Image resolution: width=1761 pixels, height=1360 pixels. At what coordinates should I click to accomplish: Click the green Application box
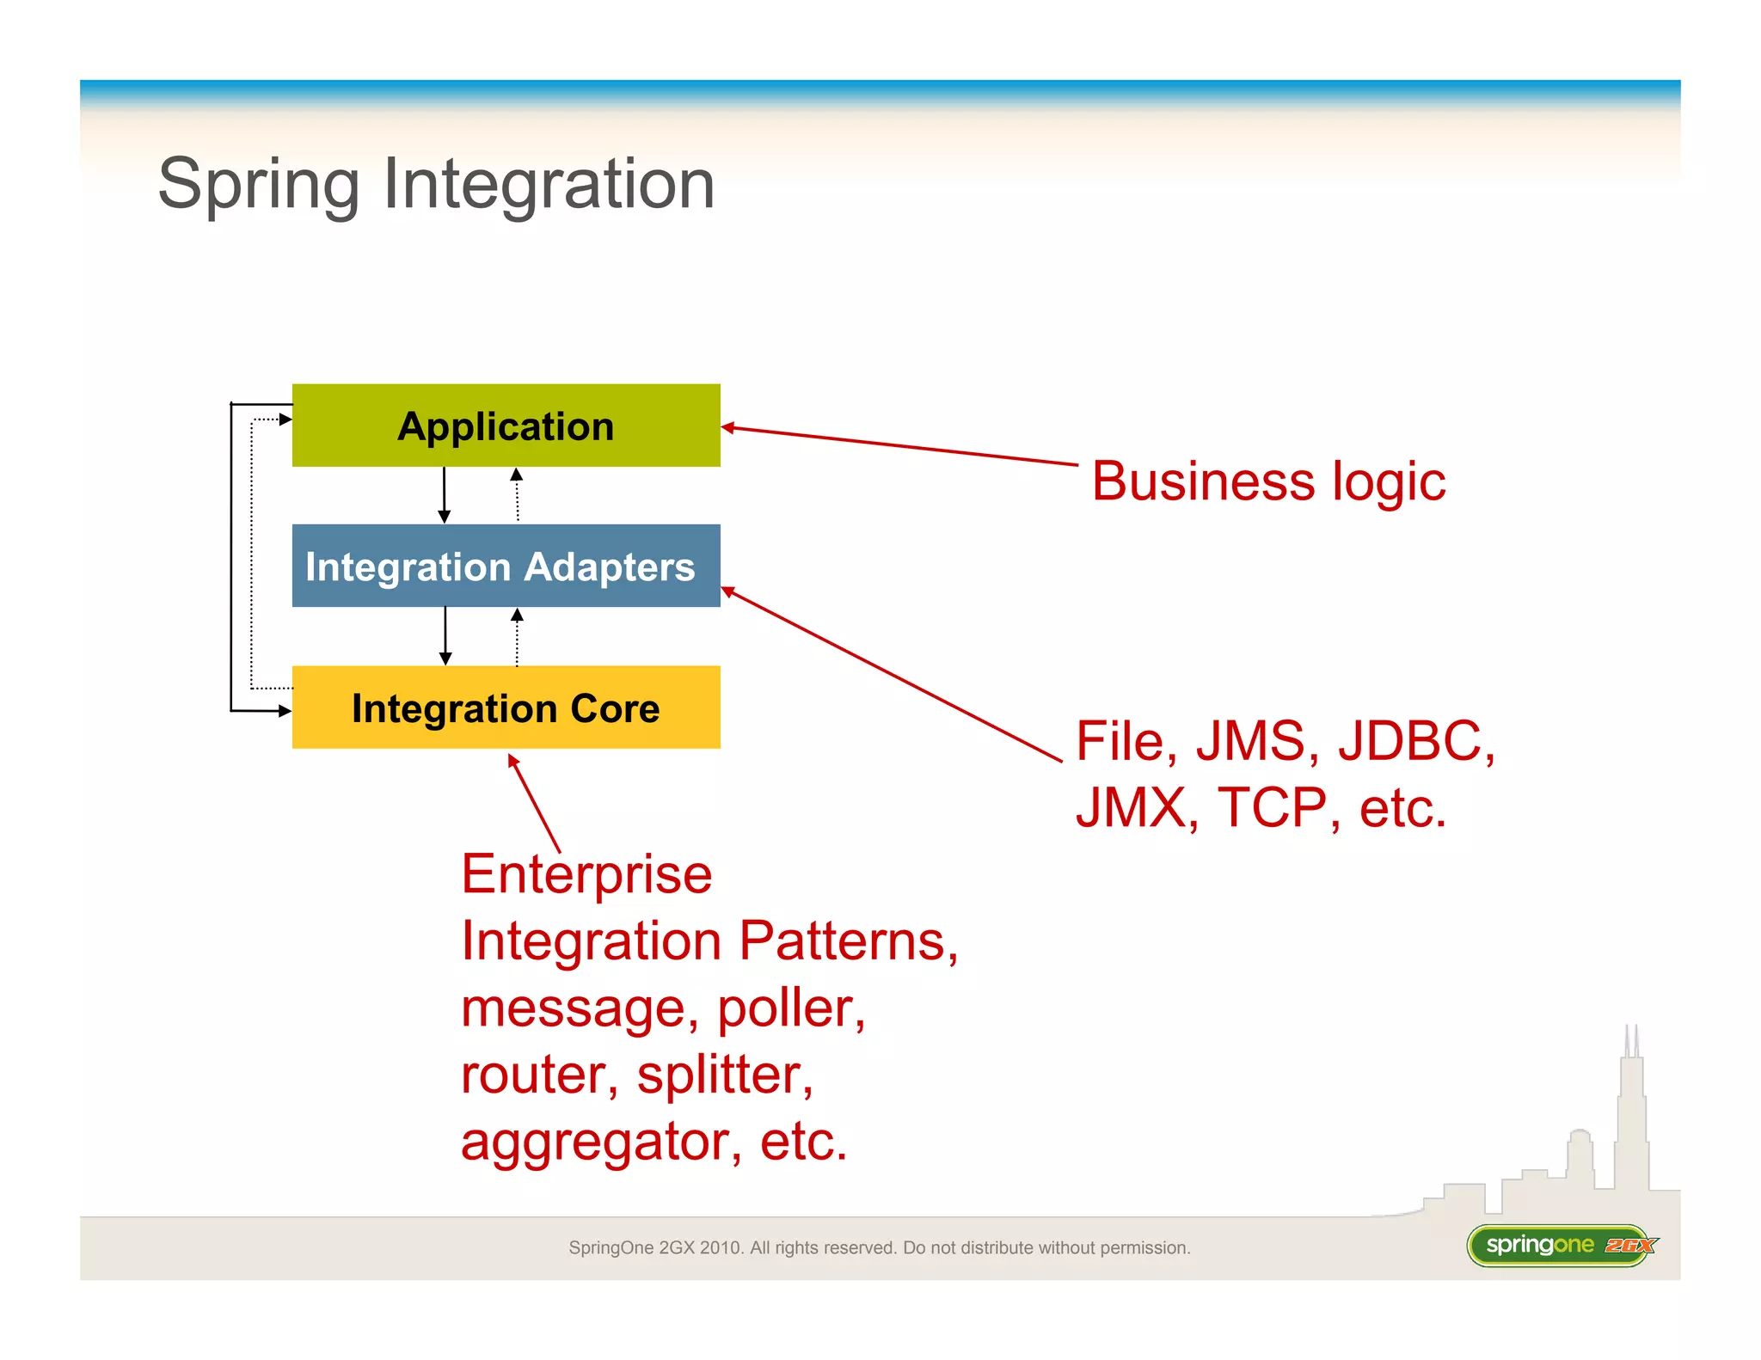coord(506,426)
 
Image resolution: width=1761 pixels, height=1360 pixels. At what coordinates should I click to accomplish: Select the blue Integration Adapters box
coord(506,567)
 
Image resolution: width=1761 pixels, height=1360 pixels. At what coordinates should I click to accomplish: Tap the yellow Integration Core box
coord(506,708)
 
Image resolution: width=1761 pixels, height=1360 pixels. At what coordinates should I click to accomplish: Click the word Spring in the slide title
coord(258,185)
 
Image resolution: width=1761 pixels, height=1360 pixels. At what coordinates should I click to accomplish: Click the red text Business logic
coord(1268,481)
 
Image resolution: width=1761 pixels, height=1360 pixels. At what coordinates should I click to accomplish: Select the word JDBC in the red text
coord(1415,741)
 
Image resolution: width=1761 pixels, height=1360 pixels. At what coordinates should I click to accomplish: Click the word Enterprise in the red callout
coord(586,875)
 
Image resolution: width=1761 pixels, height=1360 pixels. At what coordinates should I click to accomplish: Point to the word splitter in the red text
coord(724,1075)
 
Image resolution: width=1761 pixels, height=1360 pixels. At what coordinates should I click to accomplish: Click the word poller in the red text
coord(789,1008)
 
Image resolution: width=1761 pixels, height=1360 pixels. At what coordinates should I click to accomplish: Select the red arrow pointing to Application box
coord(899,446)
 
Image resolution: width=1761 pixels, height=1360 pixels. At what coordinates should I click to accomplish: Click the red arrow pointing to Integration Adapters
coord(890,675)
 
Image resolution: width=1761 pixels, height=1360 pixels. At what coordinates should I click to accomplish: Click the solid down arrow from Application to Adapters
coord(444,495)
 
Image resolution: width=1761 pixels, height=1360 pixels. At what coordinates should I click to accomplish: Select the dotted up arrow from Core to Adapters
coord(517,637)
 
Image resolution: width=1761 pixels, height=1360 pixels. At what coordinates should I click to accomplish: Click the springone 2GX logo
coord(1561,1246)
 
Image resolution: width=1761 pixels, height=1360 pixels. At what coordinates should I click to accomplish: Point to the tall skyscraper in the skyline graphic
coord(1631,1118)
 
